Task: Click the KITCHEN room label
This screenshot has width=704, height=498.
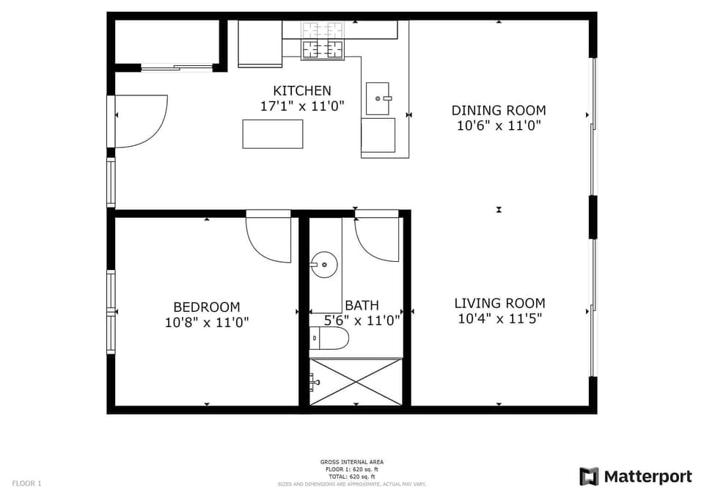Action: pos(301,91)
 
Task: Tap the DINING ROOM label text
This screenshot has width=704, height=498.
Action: pos(498,111)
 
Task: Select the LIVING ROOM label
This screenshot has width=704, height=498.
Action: pos(499,303)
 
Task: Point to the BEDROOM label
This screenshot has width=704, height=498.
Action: pos(206,307)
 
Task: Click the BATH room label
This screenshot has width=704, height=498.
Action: pos(362,305)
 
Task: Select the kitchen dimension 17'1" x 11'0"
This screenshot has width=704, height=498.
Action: pos(301,106)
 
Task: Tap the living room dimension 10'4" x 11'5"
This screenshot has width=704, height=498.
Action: pos(499,319)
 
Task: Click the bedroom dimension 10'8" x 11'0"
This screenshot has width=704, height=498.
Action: pos(206,322)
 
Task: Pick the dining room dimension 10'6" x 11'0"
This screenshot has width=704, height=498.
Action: pos(498,125)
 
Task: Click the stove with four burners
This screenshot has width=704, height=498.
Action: pos(323,48)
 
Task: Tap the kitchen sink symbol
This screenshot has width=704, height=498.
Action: pos(378,98)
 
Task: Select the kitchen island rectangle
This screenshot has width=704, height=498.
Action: pos(272,133)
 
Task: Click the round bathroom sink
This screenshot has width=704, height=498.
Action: pos(323,264)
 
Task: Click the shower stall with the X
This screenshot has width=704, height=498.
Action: pos(356,381)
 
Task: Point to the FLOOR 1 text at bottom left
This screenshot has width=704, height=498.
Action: pos(27,483)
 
